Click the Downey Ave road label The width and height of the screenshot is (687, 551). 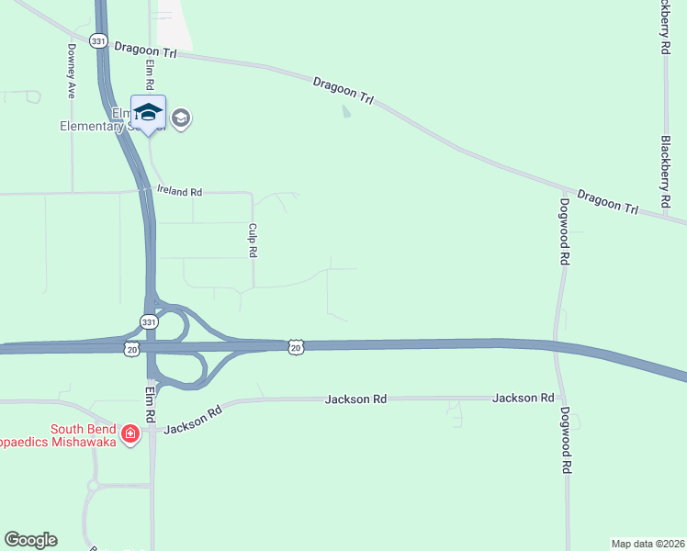71,72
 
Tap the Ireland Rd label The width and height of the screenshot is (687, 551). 179,192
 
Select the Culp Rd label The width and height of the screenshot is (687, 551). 253,240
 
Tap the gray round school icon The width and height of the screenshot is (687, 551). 181,118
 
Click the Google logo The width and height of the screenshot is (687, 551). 30,540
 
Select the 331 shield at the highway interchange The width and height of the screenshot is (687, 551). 149,320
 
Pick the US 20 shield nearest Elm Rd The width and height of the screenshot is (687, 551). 132,348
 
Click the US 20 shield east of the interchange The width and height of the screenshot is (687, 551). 294,345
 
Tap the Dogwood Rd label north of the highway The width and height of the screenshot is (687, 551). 563,231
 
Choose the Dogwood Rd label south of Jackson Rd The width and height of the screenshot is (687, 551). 566,440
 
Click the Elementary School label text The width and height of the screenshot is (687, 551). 129,127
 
